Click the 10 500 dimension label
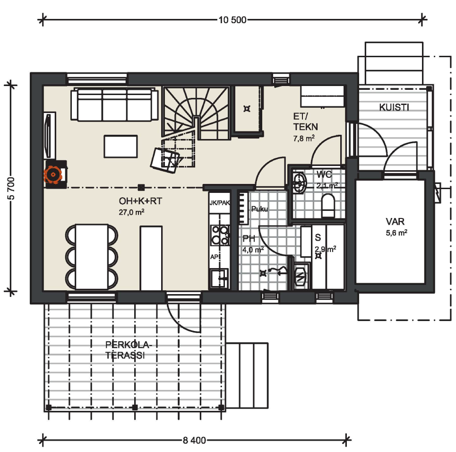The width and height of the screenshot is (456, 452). [x=232, y=20]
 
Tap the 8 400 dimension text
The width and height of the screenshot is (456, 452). [x=194, y=440]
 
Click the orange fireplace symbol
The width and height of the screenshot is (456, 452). [x=53, y=174]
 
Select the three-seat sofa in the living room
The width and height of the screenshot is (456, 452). [x=114, y=105]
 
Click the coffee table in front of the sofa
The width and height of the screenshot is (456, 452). [x=120, y=147]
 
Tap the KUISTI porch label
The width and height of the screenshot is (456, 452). [x=394, y=107]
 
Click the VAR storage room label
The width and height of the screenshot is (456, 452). [x=395, y=221]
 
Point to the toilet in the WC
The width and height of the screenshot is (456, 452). [x=328, y=205]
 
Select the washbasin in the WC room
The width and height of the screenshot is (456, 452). [x=300, y=183]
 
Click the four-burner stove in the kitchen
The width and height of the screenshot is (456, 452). [x=220, y=235]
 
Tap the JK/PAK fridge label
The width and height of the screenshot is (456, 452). [x=220, y=202]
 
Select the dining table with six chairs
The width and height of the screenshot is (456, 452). [x=92, y=257]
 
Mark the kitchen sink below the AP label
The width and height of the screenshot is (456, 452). [x=219, y=278]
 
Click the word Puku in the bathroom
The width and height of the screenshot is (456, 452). [x=259, y=209]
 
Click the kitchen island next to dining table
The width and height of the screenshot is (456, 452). [x=151, y=258]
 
